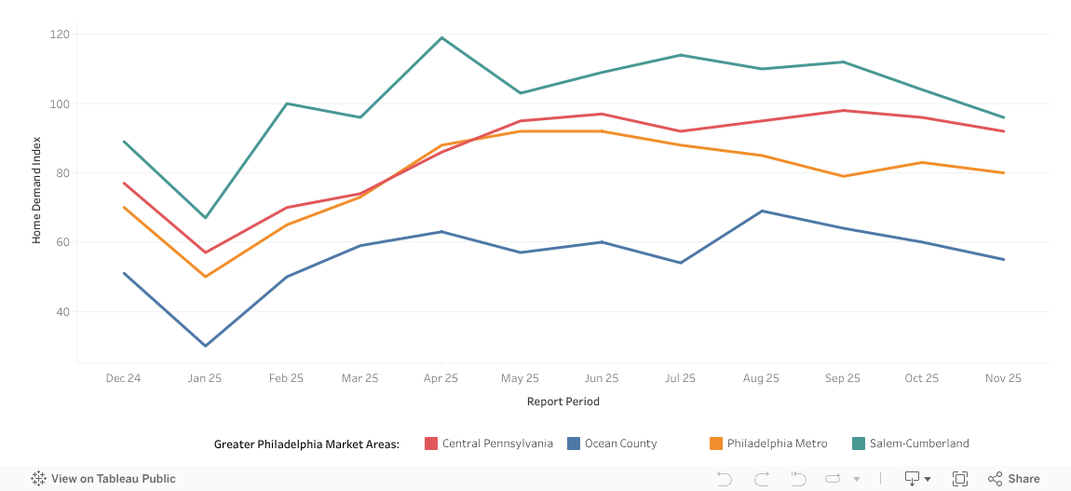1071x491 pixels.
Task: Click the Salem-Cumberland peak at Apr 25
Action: point(441,38)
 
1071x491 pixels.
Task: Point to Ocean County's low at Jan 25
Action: point(206,346)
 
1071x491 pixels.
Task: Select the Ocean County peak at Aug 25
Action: point(762,211)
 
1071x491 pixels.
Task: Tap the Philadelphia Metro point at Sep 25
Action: point(843,176)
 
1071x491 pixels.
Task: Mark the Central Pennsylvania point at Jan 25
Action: point(206,252)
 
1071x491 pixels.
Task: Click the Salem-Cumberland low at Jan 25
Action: point(206,218)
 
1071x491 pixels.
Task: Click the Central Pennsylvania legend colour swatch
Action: point(431,443)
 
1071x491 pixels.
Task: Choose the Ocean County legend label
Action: point(620,443)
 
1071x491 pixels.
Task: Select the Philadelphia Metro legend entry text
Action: point(777,443)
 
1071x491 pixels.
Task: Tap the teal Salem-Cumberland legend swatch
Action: point(859,443)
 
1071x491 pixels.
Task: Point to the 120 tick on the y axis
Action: point(61,34)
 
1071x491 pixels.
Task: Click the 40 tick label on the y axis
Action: point(63,312)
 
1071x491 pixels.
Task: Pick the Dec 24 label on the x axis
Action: point(123,378)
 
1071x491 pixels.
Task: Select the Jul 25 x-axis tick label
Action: point(680,378)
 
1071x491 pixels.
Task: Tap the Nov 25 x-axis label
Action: point(1003,378)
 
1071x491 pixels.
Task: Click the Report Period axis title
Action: point(563,402)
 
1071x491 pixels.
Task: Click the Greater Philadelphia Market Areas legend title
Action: point(306,443)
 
